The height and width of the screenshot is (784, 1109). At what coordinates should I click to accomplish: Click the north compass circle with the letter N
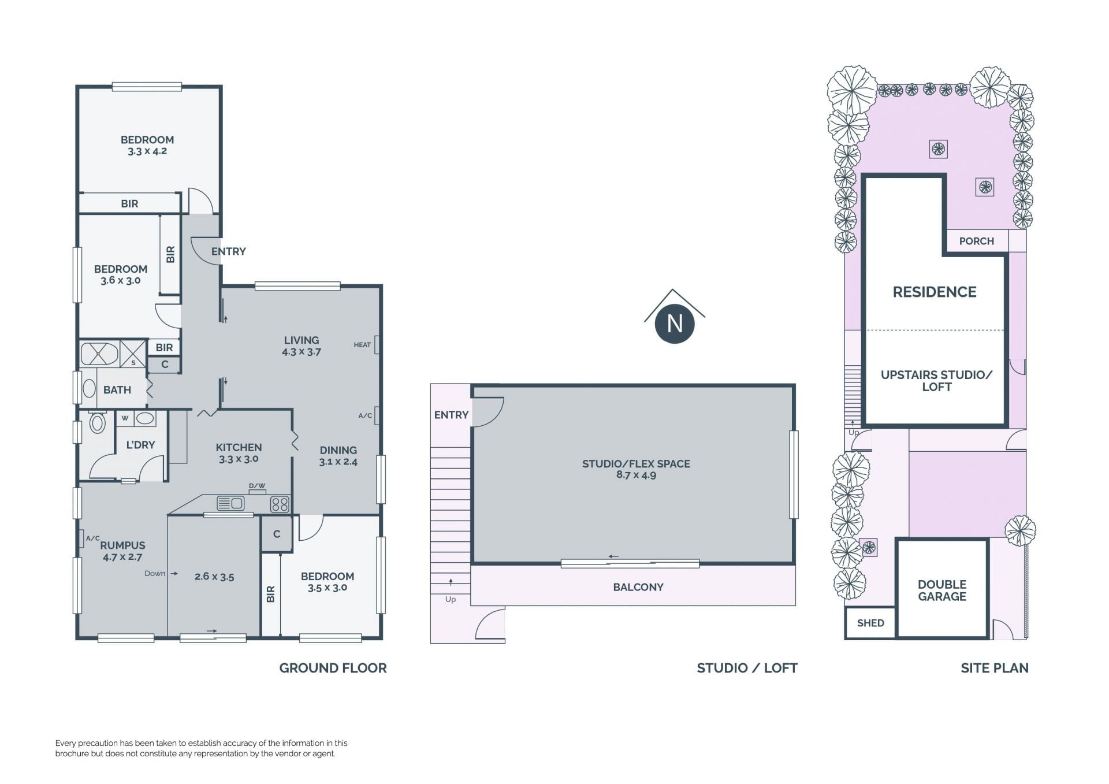(675, 324)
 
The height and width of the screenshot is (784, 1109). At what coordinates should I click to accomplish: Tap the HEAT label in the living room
(362, 345)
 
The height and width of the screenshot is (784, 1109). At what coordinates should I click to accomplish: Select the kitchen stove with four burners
(280, 504)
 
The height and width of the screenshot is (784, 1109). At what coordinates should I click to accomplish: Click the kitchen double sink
(230, 504)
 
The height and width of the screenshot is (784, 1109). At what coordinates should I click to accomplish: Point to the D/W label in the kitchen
(257, 486)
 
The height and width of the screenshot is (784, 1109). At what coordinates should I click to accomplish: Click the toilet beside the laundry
(97, 422)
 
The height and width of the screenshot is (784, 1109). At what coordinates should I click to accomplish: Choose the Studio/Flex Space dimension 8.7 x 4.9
(636, 475)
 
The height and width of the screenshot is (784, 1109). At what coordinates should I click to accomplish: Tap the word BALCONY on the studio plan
(638, 587)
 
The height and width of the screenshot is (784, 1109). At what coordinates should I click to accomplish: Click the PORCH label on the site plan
(977, 241)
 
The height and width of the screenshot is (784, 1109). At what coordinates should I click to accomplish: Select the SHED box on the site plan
(870, 623)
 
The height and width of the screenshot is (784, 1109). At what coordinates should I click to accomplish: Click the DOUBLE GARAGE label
(942, 590)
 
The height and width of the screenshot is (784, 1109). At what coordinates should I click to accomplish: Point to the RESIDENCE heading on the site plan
(935, 292)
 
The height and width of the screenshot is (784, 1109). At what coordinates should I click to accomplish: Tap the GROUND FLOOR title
(333, 668)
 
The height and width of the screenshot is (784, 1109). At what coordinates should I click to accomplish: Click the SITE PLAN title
(995, 668)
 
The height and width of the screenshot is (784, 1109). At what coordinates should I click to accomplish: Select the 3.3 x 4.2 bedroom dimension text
(147, 151)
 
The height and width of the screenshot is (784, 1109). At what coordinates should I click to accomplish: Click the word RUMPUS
(123, 545)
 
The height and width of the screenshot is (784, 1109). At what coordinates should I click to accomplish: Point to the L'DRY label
(140, 445)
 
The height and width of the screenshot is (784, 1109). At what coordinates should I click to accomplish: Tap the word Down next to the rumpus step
(155, 573)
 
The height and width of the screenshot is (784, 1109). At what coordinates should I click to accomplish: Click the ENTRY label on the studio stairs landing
(451, 415)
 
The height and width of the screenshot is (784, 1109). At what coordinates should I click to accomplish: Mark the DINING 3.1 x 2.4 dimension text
(338, 462)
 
